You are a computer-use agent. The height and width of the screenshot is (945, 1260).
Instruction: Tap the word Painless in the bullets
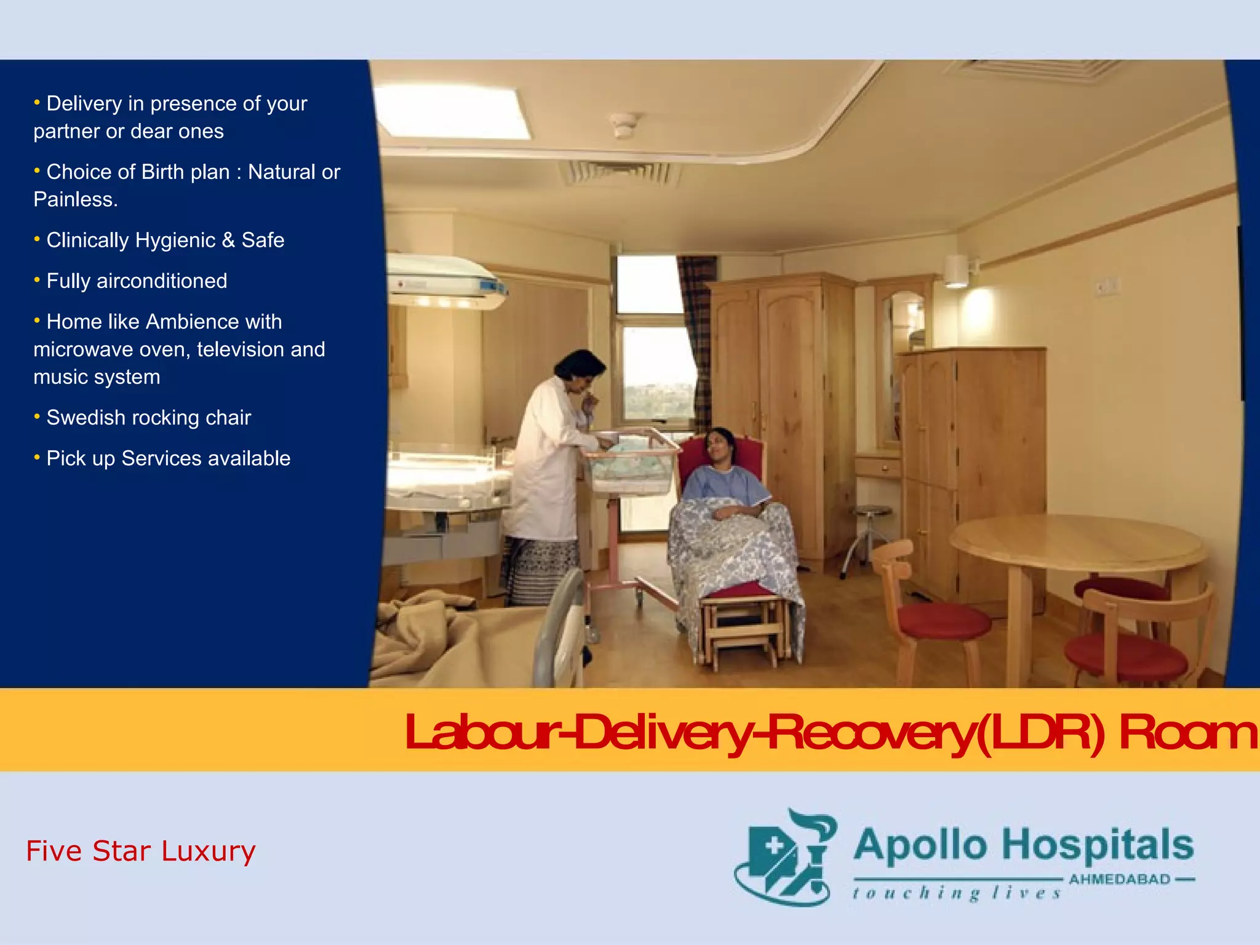tap(74, 199)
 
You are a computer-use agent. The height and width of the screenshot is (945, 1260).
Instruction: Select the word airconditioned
tap(161, 281)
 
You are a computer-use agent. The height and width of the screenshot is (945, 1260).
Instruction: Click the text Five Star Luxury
tap(140, 851)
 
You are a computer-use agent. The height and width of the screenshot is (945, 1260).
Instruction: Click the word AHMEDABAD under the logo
tap(1119, 879)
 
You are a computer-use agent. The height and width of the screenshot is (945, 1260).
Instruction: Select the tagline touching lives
tap(957, 893)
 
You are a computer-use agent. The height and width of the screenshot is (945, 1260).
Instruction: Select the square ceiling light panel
tap(452, 111)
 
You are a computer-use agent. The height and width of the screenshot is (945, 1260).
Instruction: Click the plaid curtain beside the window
tap(698, 338)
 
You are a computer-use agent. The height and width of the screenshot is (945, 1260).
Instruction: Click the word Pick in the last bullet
tap(64, 459)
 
